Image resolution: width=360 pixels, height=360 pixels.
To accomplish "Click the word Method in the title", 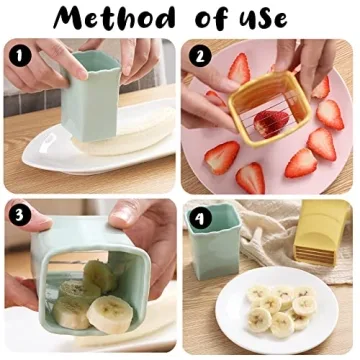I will [x=110, y=19].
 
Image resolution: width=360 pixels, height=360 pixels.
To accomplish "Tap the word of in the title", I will [x=217, y=19].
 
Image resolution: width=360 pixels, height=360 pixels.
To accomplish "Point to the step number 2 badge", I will [x=197, y=56].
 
